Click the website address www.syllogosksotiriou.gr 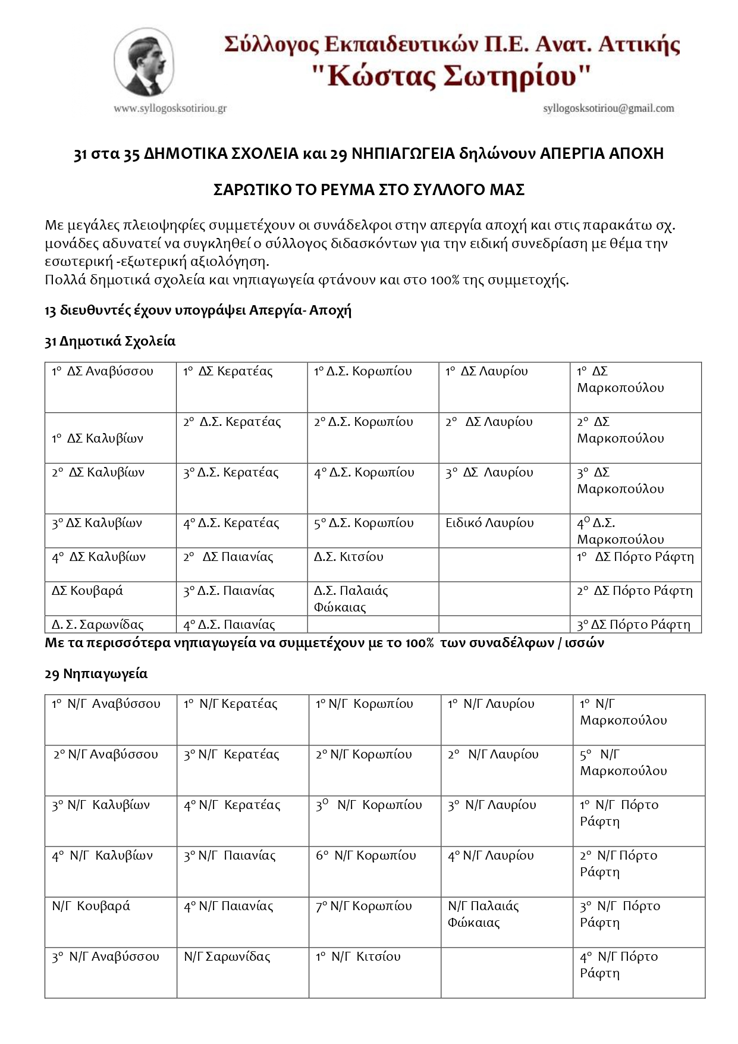click(x=170, y=108)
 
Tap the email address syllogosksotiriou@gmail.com click(x=608, y=108)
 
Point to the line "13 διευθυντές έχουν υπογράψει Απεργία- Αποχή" click(x=198, y=311)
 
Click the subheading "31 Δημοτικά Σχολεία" click(x=110, y=341)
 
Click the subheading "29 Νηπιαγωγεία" click(x=96, y=674)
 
